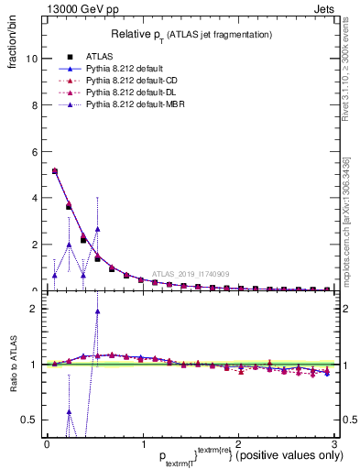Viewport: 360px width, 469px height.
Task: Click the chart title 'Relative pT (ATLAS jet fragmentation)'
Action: pos(191,34)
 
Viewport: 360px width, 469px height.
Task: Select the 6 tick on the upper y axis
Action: pos(37,151)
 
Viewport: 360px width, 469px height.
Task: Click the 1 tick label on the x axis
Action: pos(143,443)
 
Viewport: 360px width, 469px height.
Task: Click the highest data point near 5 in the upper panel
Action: pos(55,170)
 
